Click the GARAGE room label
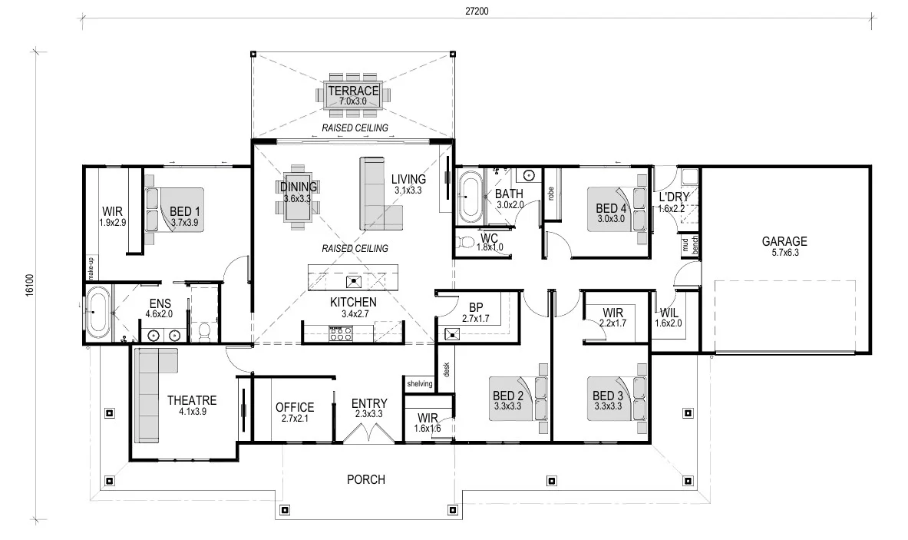[x=784, y=241]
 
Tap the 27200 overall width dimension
[x=477, y=11]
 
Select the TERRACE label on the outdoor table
[x=353, y=91]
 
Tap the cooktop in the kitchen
[x=341, y=333]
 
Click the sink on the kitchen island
[x=353, y=282]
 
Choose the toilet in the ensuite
[x=204, y=332]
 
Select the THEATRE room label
[x=192, y=400]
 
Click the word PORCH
[x=366, y=480]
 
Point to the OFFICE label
[x=295, y=407]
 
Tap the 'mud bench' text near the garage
[x=690, y=244]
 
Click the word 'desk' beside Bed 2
[x=447, y=369]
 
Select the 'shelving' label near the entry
[x=420, y=383]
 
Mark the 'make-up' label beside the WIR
[x=91, y=267]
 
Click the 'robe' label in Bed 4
[x=550, y=194]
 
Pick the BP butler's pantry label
[x=476, y=308]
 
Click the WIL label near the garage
[x=669, y=313]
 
